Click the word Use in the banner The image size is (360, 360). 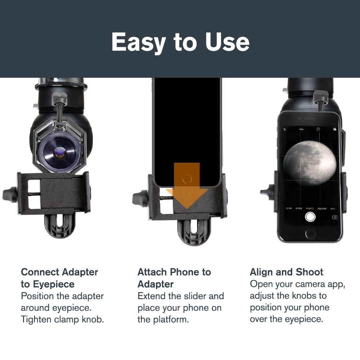pos(227,42)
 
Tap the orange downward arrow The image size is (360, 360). pos(186,187)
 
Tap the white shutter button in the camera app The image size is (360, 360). pos(310,217)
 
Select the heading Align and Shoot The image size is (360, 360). pos(287,272)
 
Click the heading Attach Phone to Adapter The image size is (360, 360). pos(174,278)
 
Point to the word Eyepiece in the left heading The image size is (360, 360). pos(53,284)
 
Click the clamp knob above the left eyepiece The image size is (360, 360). pos(60,98)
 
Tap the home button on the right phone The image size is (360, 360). pos(310,234)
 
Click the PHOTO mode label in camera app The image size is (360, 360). pos(310,208)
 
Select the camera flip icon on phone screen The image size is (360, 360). pos(335,217)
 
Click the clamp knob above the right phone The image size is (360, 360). pos(320,96)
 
